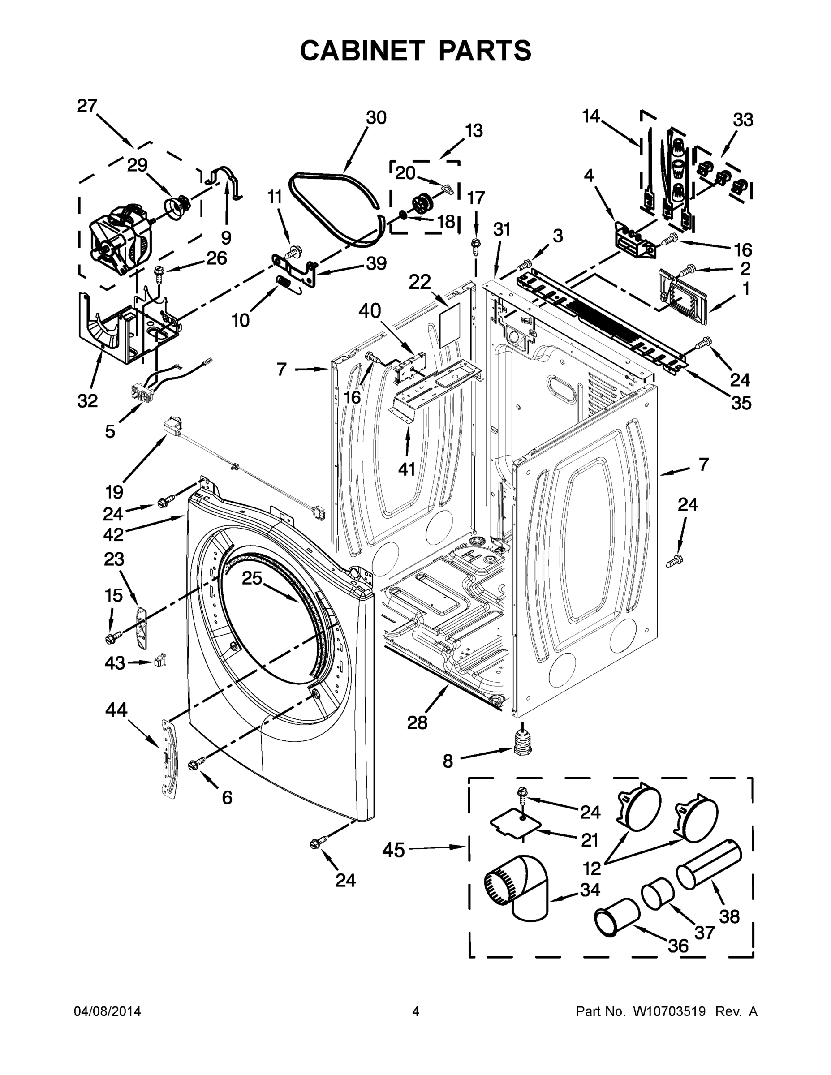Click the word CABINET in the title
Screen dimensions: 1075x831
click(362, 50)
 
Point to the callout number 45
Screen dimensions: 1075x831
click(393, 850)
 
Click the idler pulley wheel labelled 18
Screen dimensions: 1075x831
click(422, 202)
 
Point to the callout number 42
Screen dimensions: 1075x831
click(113, 533)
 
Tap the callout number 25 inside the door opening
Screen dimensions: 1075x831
click(252, 578)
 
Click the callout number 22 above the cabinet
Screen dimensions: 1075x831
click(419, 282)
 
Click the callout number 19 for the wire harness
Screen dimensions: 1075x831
click(114, 491)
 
